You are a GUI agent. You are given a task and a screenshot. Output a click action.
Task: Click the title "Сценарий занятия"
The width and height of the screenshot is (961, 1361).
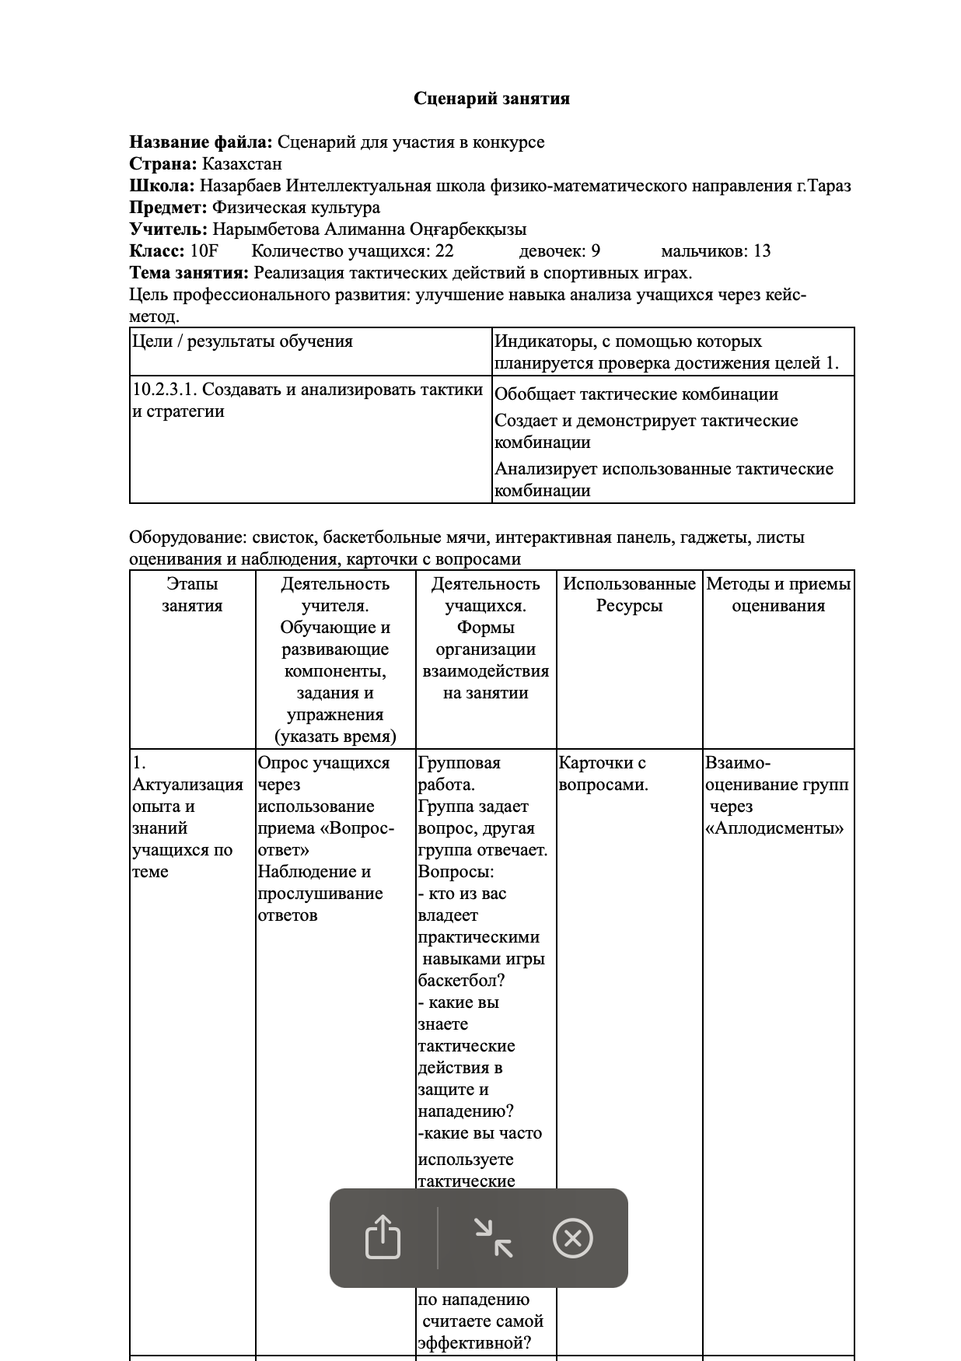(491, 99)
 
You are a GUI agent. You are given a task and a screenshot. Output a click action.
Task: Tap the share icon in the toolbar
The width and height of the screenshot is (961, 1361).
(383, 1237)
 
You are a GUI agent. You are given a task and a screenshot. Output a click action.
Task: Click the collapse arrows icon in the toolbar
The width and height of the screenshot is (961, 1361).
(494, 1237)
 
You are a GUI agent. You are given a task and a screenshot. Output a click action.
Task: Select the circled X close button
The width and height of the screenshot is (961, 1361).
(572, 1238)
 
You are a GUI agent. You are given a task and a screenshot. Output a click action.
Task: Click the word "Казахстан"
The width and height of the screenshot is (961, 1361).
(242, 164)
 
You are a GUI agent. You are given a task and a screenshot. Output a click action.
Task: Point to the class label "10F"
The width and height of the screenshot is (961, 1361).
(204, 251)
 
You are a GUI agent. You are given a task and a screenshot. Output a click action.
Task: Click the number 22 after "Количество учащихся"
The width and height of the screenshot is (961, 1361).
(444, 251)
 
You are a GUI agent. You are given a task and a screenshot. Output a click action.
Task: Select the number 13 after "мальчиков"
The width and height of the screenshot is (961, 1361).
(762, 251)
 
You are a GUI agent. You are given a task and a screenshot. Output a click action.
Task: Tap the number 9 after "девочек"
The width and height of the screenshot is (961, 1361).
(596, 251)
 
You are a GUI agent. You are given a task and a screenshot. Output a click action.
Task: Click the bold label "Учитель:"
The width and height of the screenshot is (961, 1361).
(169, 229)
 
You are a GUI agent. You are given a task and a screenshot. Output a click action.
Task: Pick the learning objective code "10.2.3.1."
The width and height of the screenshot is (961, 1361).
(164, 390)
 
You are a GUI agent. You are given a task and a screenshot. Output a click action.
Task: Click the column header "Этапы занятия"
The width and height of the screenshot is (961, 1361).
(192, 595)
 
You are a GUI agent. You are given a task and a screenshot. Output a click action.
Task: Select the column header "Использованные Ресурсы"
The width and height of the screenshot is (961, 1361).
(629, 595)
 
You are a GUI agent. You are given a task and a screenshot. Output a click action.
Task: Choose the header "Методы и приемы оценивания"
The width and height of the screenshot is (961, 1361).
(778, 595)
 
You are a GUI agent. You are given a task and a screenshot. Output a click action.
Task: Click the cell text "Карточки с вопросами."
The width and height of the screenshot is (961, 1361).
(603, 774)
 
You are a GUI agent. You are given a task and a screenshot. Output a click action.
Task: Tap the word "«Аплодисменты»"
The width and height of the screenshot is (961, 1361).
(774, 828)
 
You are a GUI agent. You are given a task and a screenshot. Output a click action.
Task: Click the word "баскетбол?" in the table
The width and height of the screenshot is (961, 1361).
(461, 981)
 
